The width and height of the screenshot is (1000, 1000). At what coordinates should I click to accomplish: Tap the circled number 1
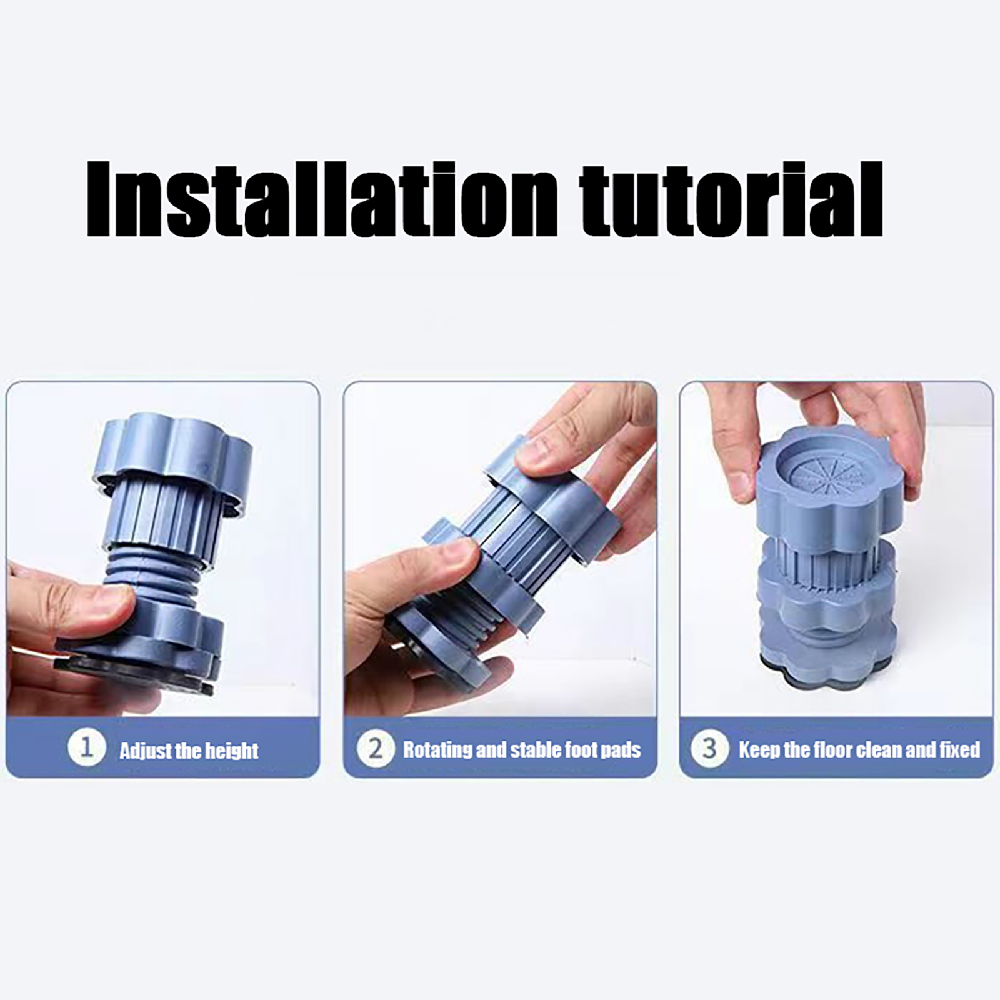pyautogui.click(x=86, y=748)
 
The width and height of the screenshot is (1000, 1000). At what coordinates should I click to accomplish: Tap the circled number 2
pyautogui.click(x=375, y=748)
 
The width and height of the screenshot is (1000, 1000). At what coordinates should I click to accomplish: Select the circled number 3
pyautogui.click(x=709, y=748)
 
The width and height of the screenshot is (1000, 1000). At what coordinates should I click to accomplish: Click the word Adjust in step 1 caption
pyautogui.click(x=142, y=750)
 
